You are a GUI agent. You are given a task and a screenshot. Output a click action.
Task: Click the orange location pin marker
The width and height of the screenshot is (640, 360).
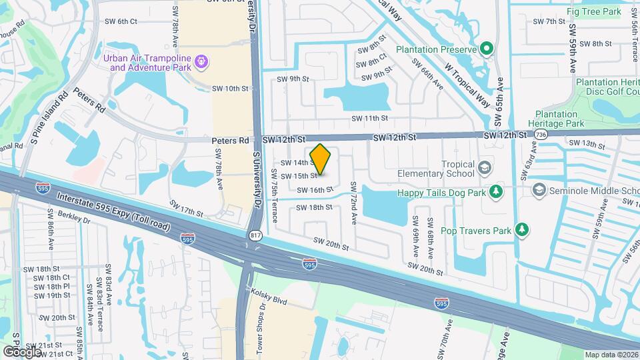click(321, 159)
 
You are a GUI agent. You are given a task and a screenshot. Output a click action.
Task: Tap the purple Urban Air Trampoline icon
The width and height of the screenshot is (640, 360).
click(202, 63)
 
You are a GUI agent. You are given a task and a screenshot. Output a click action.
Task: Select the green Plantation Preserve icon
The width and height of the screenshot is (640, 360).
click(487, 49)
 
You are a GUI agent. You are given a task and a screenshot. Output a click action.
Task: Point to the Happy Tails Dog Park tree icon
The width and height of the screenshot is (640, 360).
click(496, 193)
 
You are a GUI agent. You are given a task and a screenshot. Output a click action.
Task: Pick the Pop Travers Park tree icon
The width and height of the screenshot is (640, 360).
click(523, 231)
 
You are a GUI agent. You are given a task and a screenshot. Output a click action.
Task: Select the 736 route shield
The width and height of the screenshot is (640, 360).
click(539, 135)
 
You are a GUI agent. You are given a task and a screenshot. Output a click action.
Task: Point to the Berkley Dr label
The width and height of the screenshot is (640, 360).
click(74, 219)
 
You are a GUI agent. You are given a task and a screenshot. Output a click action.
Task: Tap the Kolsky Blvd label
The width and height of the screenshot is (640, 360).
click(269, 297)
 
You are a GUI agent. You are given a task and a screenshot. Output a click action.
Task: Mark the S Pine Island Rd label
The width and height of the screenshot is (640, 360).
click(49, 115)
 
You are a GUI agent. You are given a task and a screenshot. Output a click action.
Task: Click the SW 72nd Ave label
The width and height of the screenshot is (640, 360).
click(353, 203)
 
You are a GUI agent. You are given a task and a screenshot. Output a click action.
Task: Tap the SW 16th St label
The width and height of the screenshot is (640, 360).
click(315, 190)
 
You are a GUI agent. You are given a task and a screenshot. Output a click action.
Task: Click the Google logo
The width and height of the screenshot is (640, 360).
click(23, 351)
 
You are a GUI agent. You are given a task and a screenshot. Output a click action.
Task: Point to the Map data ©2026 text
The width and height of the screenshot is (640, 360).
click(611, 355)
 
